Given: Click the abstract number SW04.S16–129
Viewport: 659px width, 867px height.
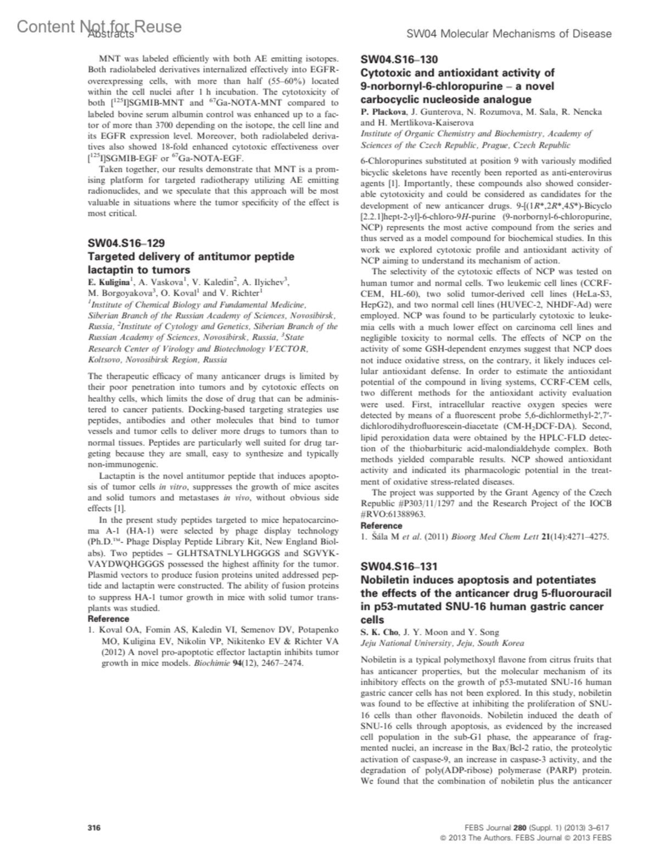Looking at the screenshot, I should pos(126,243).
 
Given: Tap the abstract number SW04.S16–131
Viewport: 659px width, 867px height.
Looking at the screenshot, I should pos(399,566).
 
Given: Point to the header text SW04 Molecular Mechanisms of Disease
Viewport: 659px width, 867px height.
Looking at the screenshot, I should pos(509,34).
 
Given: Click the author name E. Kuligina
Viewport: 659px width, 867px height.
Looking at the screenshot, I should pos(110,282).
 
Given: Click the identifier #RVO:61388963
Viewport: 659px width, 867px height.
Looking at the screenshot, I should pos(390,514).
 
